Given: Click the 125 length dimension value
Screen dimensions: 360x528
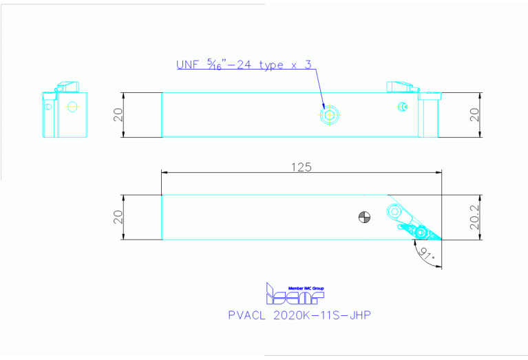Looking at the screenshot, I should pyautogui.click(x=301, y=166).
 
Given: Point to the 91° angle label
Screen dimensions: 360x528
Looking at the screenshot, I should pyautogui.click(x=426, y=257).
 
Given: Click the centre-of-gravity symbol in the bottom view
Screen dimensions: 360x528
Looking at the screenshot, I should pyautogui.click(x=365, y=218).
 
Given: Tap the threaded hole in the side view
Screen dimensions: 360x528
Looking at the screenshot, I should pyautogui.click(x=330, y=115).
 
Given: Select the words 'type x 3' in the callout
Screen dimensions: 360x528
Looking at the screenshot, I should pyautogui.click(x=284, y=65).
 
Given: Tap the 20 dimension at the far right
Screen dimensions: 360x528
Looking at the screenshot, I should pyautogui.click(x=474, y=115).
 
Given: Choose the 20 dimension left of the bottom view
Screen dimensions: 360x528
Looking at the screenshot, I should pyautogui.click(x=119, y=218).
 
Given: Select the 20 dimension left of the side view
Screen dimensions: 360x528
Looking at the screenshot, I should pyautogui.click(x=119, y=115).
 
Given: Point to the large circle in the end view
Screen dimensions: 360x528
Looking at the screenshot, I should pyautogui.click(x=72, y=107).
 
